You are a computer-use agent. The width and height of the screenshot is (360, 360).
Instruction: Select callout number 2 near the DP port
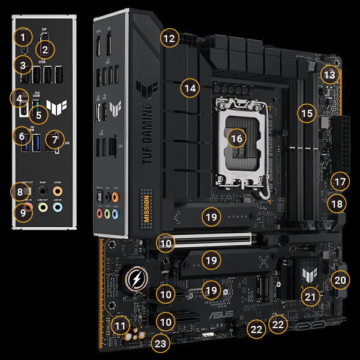[45, 49]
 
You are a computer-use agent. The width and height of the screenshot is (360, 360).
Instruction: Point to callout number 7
[55, 139]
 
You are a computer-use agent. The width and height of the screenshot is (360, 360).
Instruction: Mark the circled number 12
[170, 39]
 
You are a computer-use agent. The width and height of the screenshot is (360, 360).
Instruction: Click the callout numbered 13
[329, 75]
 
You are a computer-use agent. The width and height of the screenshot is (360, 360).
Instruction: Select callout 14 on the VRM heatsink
[190, 89]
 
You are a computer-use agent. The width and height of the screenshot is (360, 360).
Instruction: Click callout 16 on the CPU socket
[237, 138]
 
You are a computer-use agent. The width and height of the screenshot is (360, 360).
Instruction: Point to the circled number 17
[340, 181]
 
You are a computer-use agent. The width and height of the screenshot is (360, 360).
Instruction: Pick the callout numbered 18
[337, 204]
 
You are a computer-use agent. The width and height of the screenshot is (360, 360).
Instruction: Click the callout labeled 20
[340, 280]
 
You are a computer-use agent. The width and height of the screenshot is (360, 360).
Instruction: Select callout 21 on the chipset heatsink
[310, 296]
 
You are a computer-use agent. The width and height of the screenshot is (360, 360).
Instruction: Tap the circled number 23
[160, 344]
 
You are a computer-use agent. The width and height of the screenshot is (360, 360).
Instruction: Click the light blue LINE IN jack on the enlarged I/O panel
[57, 206]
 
